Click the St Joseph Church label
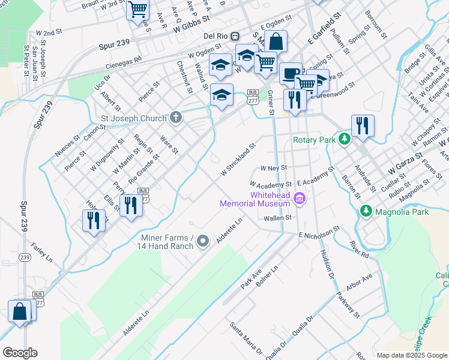point(134,118)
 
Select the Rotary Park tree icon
point(344,140)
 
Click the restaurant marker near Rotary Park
point(363,125)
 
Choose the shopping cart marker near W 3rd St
point(138,10)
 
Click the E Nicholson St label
point(319,232)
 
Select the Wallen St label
point(277,218)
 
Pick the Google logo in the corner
point(20,353)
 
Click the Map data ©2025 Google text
point(411,355)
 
